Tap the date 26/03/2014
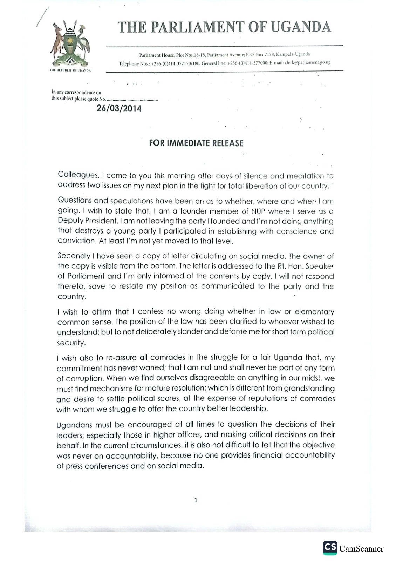119,108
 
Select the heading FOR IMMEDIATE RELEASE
196,143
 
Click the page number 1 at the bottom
196,500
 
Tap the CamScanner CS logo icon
330,548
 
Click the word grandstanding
309,388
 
